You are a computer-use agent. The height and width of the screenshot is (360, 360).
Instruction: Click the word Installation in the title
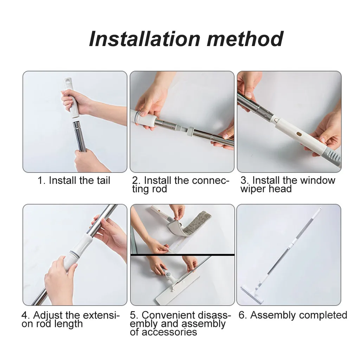[x=144, y=39]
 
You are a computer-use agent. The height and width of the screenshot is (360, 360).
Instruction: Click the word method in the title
[x=245, y=39]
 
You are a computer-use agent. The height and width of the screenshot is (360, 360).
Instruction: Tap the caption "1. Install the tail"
[x=74, y=180]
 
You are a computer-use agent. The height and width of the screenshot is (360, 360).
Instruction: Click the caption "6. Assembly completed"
[x=293, y=315]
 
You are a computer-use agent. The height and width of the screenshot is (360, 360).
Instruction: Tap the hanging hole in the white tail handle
[x=68, y=81]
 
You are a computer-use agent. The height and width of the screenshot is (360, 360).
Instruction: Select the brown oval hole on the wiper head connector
[x=299, y=134]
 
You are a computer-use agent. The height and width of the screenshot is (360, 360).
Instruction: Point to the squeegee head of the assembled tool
[x=251, y=294]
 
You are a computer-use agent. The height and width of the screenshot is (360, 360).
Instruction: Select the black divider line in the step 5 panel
[x=182, y=255]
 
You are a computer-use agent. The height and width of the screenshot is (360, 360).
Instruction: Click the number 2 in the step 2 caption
[x=135, y=180]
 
